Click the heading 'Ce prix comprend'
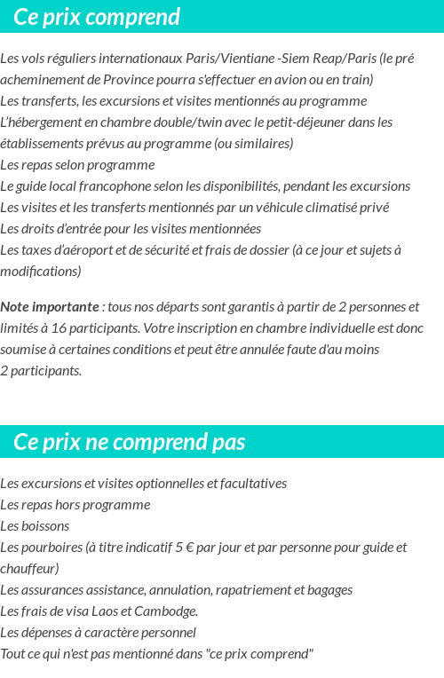(97, 17)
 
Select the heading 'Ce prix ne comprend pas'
(130, 442)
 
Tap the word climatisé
(321, 208)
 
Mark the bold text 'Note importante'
(50, 307)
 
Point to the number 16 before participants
(59, 328)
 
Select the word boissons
(44, 526)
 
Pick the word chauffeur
(28, 569)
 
